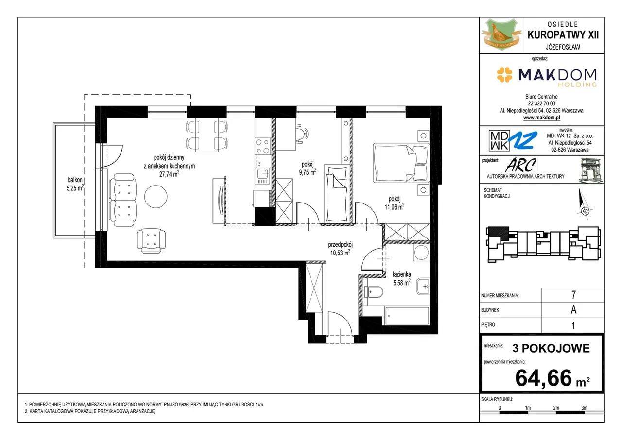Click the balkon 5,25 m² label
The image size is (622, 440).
[x=75, y=184]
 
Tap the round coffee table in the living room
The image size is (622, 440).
[x=156, y=196]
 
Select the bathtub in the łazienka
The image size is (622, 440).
[x=407, y=316]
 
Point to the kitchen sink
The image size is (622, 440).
[x=262, y=174]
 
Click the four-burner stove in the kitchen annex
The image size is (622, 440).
[x=262, y=146]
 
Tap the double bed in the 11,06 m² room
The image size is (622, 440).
[x=401, y=163]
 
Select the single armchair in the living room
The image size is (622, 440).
[x=151, y=240]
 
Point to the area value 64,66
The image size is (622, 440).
[x=544, y=378]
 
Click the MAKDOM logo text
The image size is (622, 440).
[x=557, y=75]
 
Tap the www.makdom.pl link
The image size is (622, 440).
[x=541, y=118]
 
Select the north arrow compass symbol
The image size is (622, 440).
[x=584, y=205]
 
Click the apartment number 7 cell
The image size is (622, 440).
[x=573, y=295]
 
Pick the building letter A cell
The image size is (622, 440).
[x=573, y=310]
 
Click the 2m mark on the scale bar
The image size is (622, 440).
[x=556, y=408]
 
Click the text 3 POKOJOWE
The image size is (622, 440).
[x=551, y=348]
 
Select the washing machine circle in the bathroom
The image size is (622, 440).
[x=421, y=253]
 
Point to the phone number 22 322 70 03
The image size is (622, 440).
[x=541, y=103]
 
